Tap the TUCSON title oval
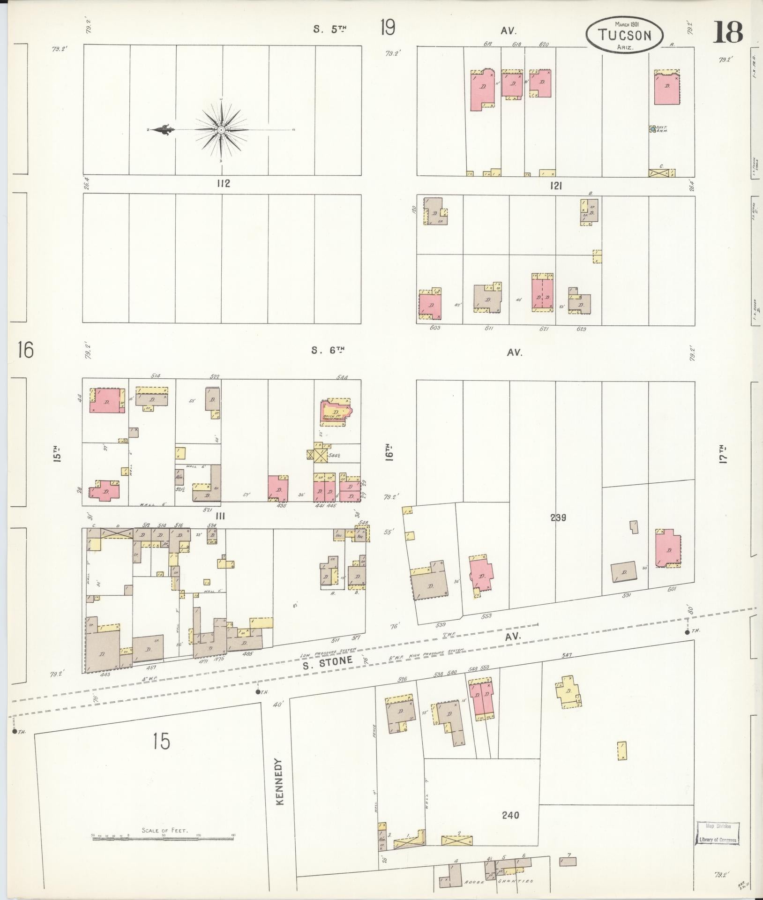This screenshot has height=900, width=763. [624, 35]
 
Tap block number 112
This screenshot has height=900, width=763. [223, 184]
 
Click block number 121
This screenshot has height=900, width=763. [556, 186]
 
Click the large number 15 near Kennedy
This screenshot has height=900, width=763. [161, 741]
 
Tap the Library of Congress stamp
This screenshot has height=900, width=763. [718, 832]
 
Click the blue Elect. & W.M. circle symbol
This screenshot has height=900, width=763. [652, 128]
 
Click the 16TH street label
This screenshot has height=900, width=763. [389, 453]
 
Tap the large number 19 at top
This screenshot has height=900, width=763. [387, 28]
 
